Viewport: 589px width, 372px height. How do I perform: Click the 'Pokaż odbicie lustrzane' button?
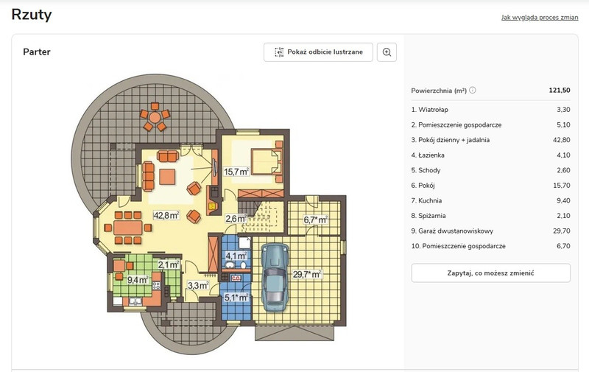[x=318, y=52]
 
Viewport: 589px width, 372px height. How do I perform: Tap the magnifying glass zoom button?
[x=387, y=52]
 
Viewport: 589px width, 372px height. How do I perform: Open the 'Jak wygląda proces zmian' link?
[x=540, y=17]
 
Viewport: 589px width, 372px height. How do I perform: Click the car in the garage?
[x=275, y=277]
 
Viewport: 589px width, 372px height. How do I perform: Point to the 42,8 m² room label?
[x=166, y=216]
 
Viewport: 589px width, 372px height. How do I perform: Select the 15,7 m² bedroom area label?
[x=236, y=172]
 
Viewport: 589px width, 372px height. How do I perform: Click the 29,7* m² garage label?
[x=307, y=274]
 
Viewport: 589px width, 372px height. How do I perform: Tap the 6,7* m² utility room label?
[x=316, y=220]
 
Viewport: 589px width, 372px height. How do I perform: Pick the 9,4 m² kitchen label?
[x=138, y=280]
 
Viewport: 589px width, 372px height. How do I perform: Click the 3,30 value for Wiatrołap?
[x=563, y=110]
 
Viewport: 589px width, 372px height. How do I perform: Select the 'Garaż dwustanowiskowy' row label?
[x=452, y=231]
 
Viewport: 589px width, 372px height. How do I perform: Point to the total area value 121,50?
[x=560, y=90]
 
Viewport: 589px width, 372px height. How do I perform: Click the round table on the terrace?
[x=155, y=117]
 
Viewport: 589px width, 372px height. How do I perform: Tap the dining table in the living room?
[x=128, y=228]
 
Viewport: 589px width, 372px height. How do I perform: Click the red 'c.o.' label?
[x=236, y=278]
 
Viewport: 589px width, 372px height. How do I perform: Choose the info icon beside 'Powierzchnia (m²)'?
[x=473, y=90]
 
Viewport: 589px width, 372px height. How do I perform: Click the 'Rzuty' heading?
[x=32, y=15]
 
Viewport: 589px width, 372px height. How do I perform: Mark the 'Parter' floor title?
[x=37, y=52]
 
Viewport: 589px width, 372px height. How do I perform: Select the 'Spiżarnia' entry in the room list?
[x=428, y=216]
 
